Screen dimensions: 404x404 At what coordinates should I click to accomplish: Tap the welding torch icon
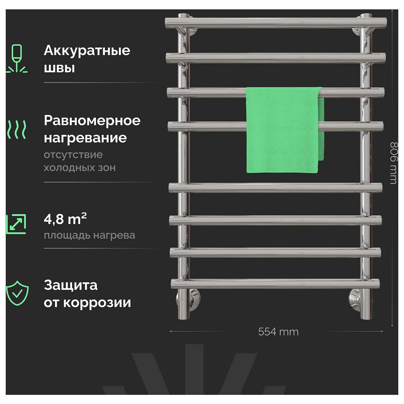(x=17, y=58)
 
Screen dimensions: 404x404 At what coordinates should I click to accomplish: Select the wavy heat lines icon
(x=17, y=130)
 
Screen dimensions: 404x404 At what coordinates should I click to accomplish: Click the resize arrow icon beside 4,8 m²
(x=16, y=224)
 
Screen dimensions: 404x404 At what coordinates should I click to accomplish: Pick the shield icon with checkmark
(x=17, y=293)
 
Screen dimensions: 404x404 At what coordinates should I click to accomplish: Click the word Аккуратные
(x=87, y=51)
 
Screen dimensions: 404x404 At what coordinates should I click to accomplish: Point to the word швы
(x=59, y=68)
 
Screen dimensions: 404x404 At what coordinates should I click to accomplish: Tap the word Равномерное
(x=92, y=121)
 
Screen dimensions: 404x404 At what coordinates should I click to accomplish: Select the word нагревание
(x=85, y=138)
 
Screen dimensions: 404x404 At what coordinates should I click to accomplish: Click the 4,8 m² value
(x=65, y=219)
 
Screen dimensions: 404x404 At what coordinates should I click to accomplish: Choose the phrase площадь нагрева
(x=89, y=236)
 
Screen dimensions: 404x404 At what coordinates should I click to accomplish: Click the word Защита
(x=71, y=286)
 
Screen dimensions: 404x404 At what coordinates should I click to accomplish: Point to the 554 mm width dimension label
(x=278, y=332)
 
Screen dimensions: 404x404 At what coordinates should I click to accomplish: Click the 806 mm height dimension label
(x=394, y=163)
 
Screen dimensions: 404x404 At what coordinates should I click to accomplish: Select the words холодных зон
(x=80, y=168)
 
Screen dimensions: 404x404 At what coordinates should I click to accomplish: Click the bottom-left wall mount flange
(x=188, y=298)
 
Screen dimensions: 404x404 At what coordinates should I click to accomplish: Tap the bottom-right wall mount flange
(x=360, y=298)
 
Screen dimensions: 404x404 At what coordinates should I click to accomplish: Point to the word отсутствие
(x=73, y=155)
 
